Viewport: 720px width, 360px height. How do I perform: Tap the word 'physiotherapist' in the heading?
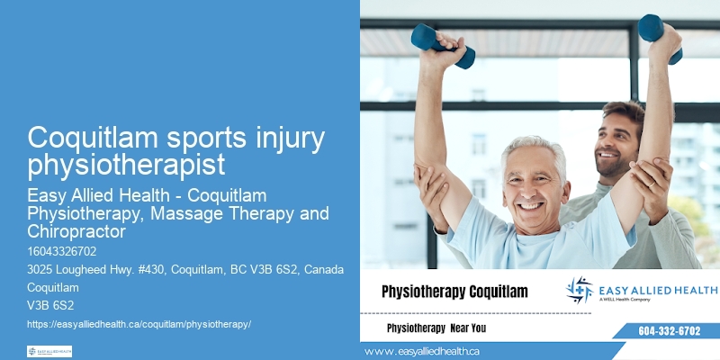click(125, 166)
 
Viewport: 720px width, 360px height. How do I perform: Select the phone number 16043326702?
click(61, 251)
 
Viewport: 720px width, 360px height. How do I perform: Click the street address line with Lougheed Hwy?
click(179, 271)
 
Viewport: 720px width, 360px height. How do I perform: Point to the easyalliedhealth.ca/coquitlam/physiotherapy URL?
click(139, 322)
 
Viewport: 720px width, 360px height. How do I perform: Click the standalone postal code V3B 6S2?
click(50, 305)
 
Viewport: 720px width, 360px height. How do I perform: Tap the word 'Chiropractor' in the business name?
click(78, 231)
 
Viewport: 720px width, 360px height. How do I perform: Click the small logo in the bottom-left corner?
click(49, 351)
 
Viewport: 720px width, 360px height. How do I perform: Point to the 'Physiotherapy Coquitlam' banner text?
click(454, 292)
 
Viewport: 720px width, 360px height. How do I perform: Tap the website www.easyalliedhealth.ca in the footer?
click(422, 351)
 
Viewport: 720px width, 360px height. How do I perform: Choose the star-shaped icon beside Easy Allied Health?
click(580, 290)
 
